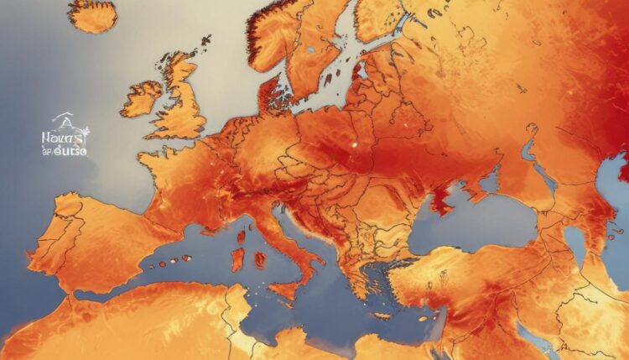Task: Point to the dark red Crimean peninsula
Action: pos(441,201)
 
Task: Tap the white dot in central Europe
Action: pos(354,143)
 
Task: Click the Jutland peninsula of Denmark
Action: pos(270,91)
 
